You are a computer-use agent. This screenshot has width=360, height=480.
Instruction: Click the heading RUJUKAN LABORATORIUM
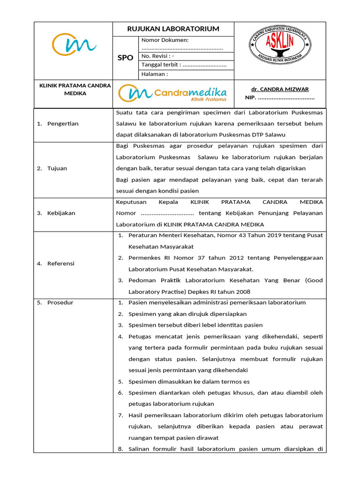173,29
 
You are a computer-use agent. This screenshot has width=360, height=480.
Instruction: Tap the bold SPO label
125,58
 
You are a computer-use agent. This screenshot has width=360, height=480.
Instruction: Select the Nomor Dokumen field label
165,40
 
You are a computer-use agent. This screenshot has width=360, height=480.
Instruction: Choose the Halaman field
154,74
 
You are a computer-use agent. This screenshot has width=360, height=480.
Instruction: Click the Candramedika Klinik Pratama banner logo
173,93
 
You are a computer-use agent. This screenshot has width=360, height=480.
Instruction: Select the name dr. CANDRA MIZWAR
280,89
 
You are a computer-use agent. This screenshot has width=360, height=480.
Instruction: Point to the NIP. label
250,98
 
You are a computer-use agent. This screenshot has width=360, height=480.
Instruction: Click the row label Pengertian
63,124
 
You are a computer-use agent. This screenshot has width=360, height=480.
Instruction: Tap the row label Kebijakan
61,213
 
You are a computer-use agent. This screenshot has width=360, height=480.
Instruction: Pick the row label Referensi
61,263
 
